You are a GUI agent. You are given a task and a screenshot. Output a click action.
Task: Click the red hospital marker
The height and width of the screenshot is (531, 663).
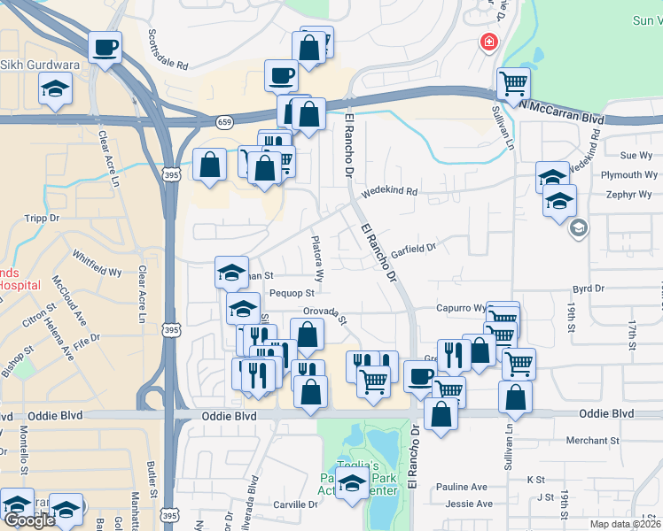(487, 42)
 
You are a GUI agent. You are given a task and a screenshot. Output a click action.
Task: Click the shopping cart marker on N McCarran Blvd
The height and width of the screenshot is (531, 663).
(513, 85)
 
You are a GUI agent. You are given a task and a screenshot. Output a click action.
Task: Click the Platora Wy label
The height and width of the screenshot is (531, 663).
(317, 258)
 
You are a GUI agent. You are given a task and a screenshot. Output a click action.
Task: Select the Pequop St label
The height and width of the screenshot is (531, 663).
(292, 293)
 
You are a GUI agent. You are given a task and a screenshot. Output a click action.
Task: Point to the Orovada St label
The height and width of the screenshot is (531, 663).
(324, 312)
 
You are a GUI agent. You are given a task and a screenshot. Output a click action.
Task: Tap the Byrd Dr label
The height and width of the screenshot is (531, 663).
(589, 289)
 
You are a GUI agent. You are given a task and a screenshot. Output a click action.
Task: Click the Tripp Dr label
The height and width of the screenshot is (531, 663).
(43, 218)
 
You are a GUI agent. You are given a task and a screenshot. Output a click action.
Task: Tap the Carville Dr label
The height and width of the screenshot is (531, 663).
(296, 504)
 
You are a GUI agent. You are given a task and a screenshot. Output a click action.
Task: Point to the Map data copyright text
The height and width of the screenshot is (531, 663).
(625, 524)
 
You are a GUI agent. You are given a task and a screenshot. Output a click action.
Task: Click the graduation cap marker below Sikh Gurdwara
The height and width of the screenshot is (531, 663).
(56, 89)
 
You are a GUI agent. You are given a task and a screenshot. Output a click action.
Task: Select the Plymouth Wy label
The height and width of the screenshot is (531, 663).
(628, 175)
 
